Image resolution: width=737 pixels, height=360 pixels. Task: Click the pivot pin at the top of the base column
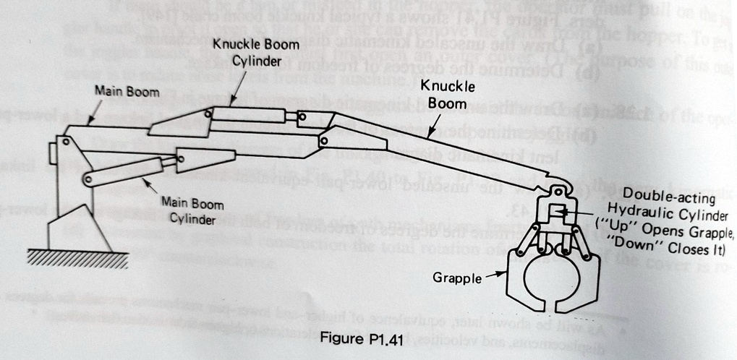point(66,142)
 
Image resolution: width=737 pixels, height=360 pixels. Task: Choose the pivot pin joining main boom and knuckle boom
point(323,140)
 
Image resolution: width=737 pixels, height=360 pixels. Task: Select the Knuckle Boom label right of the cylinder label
point(452,95)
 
